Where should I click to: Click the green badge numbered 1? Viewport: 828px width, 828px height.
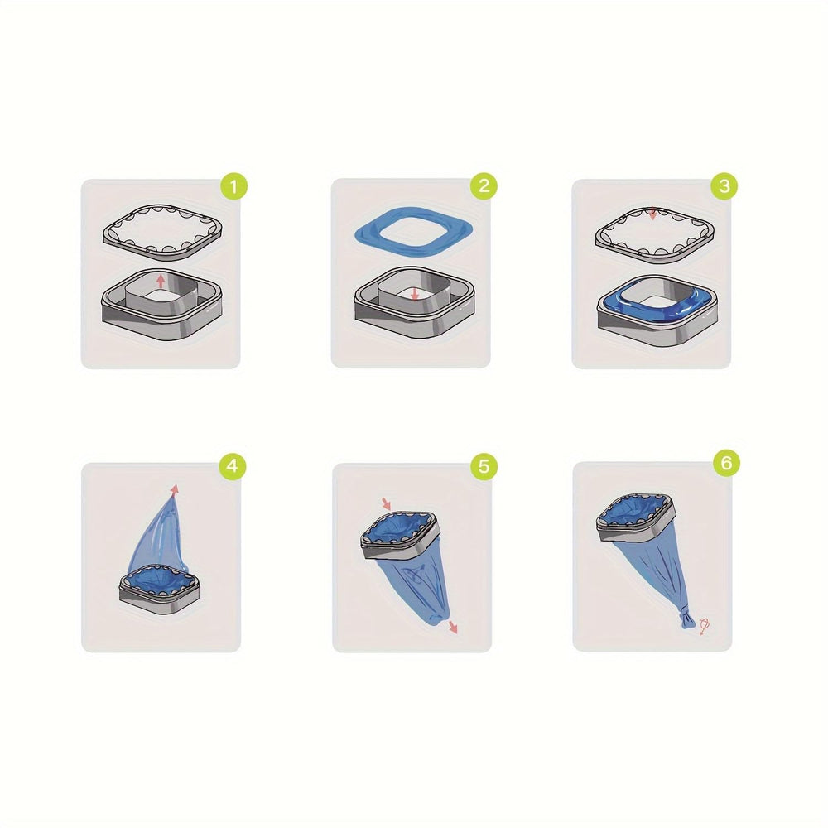pyautogui.click(x=235, y=186)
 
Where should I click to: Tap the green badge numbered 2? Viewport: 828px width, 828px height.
pyautogui.click(x=483, y=186)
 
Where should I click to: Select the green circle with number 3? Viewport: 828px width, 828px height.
pyautogui.click(x=724, y=186)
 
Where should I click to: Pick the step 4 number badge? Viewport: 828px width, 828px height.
pyautogui.click(x=235, y=466)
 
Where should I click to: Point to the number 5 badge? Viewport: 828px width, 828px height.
pyautogui.click(x=483, y=466)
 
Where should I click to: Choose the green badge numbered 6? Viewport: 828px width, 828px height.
pyautogui.click(x=724, y=465)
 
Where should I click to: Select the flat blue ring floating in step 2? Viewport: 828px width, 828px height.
pyautogui.click(x=412, y=237)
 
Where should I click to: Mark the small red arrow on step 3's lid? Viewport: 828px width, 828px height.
pyautogui.click(x=653, y=214)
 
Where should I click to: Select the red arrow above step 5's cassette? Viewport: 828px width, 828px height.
pyautogui.click(x=385, y=503)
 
